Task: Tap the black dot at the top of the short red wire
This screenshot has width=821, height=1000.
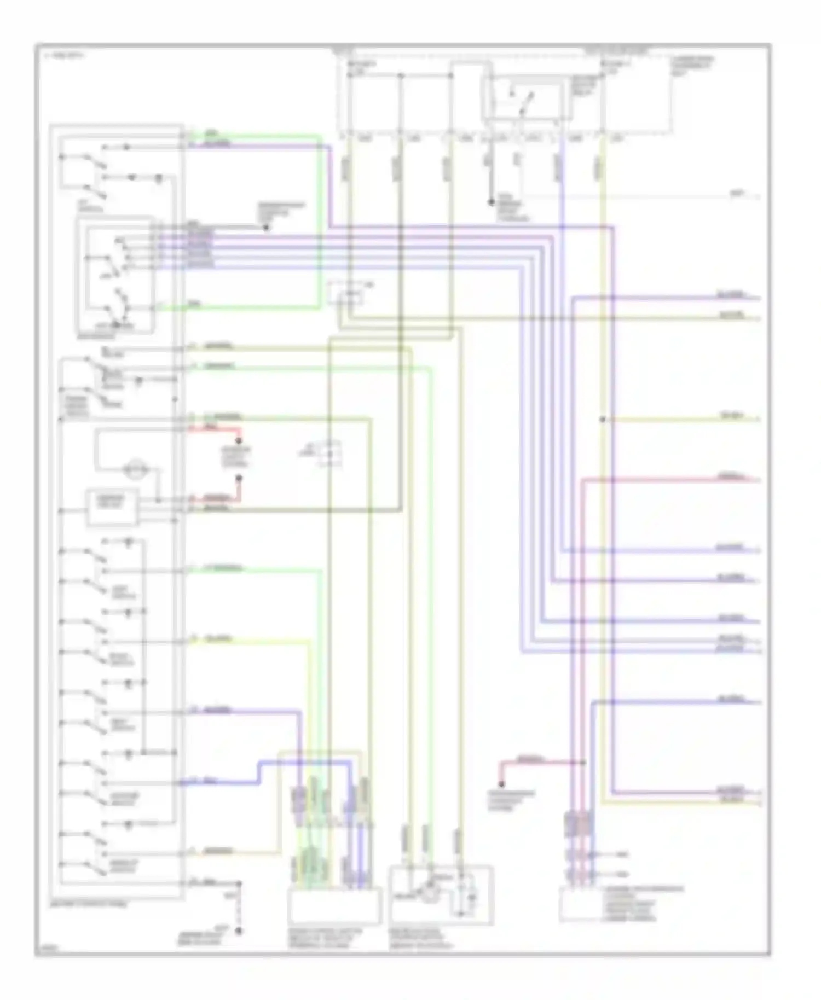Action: (239, 440)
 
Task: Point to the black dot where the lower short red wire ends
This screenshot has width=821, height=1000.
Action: (239, 478)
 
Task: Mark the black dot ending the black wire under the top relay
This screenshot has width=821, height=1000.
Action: (491, 202)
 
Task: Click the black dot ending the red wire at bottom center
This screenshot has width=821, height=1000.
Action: (501, 784)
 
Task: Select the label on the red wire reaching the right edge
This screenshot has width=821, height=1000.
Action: (731, 476)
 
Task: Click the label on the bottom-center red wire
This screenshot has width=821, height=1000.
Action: (529, 760)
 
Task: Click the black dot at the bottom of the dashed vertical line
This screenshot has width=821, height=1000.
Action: (239, 930)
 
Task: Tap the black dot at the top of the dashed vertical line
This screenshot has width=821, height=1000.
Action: (239, 883)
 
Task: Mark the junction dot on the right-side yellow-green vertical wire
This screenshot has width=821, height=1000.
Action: (602, 420)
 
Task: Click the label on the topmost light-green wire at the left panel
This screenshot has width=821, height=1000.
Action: (211, 133)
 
